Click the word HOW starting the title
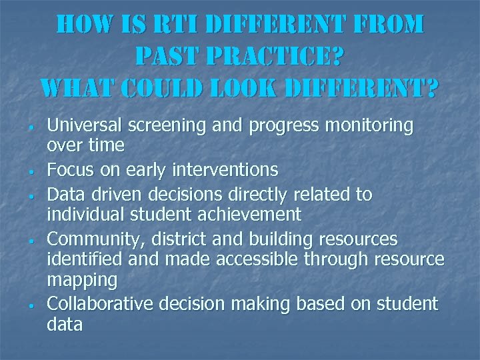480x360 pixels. (x=83, y=25)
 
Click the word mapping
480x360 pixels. (x=82, y=280)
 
